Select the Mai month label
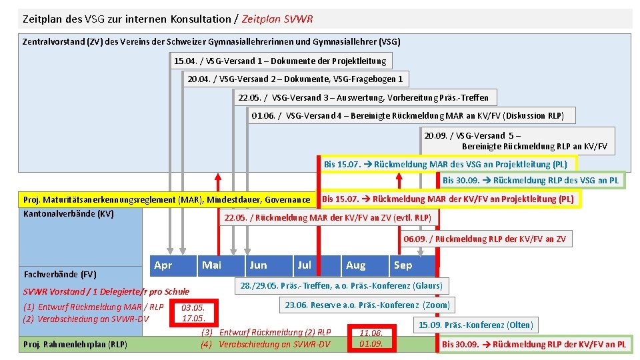pyautogui.click(x=211, y=265)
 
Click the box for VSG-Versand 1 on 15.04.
pyautogui.click(x=280, y=61)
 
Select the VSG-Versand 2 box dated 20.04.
pyautogui.click(x=295, y=79)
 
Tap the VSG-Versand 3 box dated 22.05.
pyautogui.click(x=363, y=97)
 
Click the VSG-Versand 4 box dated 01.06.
pyautogui.click(x=407, y=115)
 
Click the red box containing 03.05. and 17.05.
pyautogui.click(x=193, y=313)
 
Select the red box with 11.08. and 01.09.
pyautogui.click(x=371, y=338)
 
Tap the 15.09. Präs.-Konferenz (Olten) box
pyautogui.click(x=475, y=325)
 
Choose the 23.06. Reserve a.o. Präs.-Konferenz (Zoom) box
pyautogui.click(x=367, y=305)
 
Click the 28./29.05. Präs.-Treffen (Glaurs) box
pyautogui.click(x=340, y=285)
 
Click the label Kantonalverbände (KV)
pyautogui.click(x=69, y=214)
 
